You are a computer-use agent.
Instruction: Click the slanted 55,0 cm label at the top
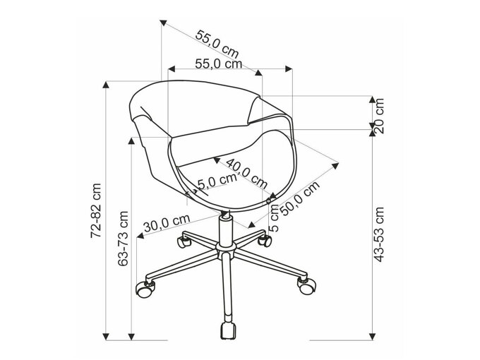click(x=217, y=44)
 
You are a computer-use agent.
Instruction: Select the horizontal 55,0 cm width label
click(x=219, y=64)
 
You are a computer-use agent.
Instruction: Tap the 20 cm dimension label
click(x=379, y=115)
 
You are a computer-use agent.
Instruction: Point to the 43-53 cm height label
click(x=379, y=234)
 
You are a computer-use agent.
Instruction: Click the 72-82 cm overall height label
click(x=96, y=210)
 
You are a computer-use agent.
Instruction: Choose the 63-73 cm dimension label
click(x=123, y=238)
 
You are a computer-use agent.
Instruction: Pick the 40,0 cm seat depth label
click(x=246, y=173)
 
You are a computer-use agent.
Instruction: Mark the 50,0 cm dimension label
click(x=300, y=198)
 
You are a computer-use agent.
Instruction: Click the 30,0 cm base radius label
click(x=167, y=223)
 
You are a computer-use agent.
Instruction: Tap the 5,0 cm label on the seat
click(x=217, y=181)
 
